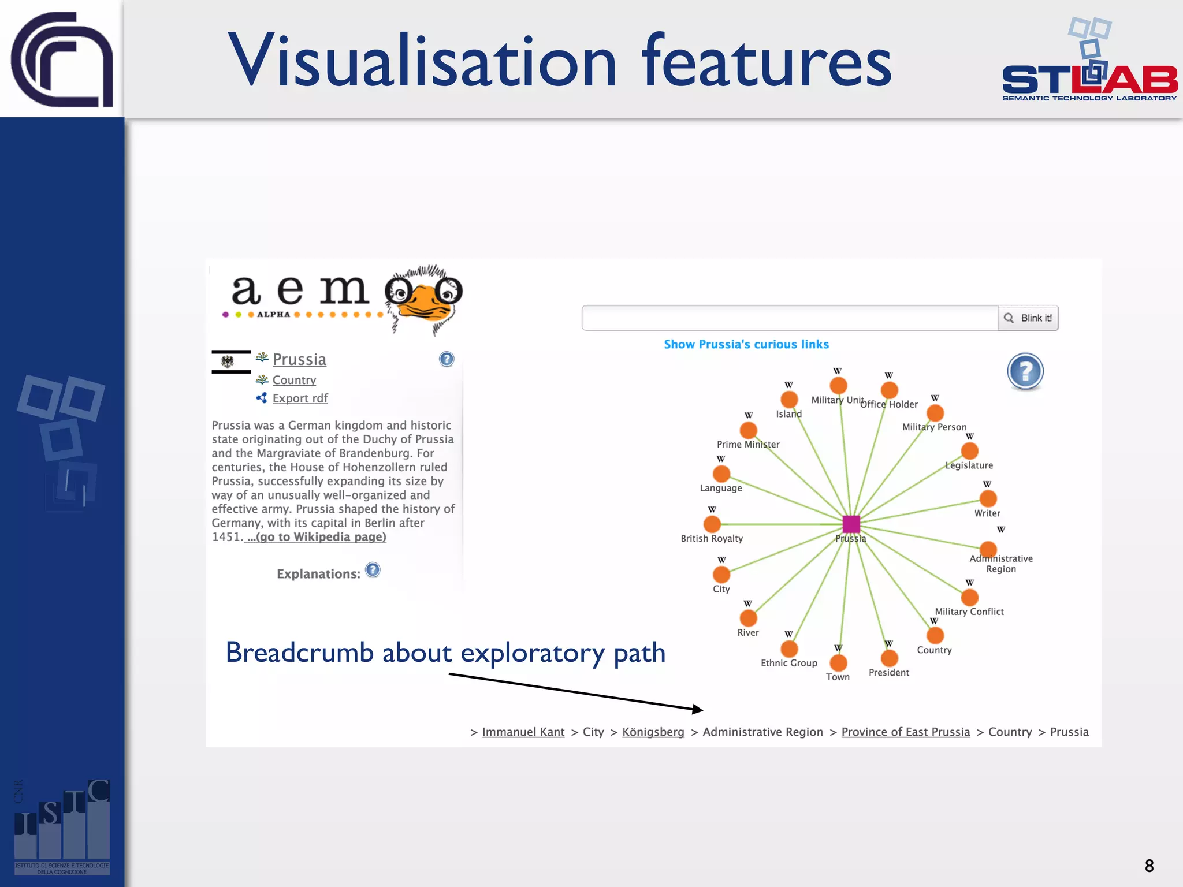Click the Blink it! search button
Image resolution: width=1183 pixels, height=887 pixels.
pyautogui.click(x=1028, y=318)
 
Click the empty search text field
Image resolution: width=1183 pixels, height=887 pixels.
pyautogui.click(x=789, y=318)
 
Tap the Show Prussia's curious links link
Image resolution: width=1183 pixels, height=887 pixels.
pyautogui.click(x=746, y=344)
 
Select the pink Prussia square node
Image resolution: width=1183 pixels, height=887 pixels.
pyautogui.click(x=851, y=524)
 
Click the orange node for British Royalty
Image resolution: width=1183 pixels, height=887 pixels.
pyautogui.click(x=712, y=524)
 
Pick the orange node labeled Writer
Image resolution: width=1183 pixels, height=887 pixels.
pyautogui.click(x=988, y=498)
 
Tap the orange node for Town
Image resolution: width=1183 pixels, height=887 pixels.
pyautogui.click(x=838, y=662)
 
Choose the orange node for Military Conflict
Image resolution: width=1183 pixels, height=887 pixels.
pyautogui.click(x=969, y=597)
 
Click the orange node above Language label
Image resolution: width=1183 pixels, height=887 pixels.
pyautogui.click(x=721, y=474)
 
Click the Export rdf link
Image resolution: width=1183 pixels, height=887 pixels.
pyautogui.click(x=300, y=398)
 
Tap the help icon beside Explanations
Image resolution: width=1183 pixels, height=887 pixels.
pyautogui.click(x=373, y=571)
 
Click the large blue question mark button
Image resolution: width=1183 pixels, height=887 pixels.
pyautogui.click(x=1025, y=371)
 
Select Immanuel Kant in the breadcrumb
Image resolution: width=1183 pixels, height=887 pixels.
pyautogui.click(x=523, y=732)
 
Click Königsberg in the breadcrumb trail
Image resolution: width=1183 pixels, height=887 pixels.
pyautogui.click(x=653, y=732)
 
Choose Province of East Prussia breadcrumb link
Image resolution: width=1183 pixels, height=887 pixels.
pyautogui.click(x=905, y=732)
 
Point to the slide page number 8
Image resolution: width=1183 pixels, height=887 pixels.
pyautogui.click(x=1149, y=866)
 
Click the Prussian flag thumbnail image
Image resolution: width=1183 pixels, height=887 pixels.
pyautogui.click(x=231, y=362)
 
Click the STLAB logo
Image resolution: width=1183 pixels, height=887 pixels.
pyautogui.click(x=1089, y=64)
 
